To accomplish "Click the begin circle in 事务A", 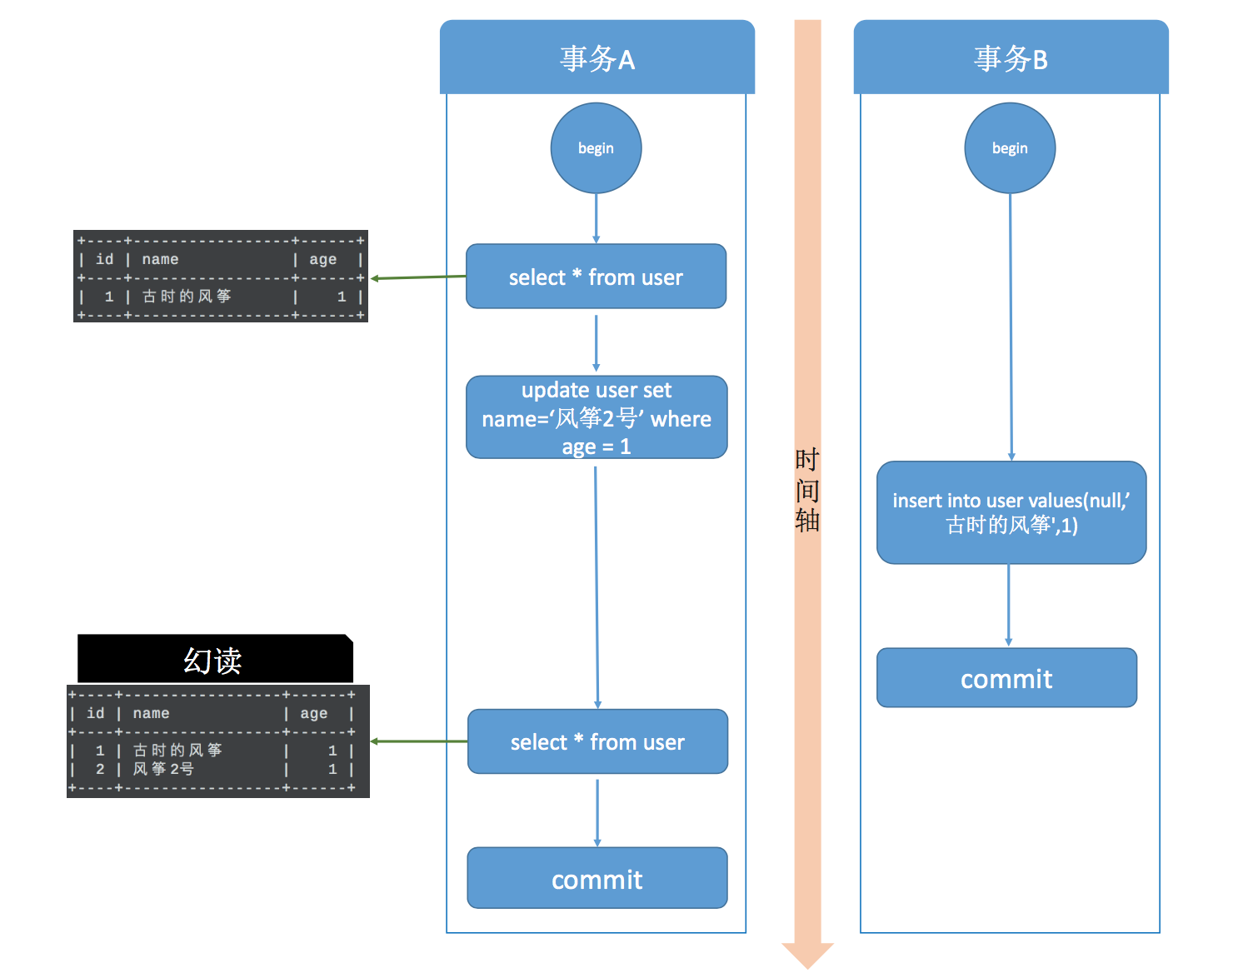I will (x=596, y=148).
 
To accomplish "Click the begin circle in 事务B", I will (x=1010, y=148).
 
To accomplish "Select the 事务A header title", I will (x=597, y=59).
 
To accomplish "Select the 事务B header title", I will (x=1011, y=59).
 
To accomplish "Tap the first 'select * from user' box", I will (x=596, y=277).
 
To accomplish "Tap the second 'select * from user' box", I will (x=597, y=741).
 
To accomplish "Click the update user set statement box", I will (x=597, y=417).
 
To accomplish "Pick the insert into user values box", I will (x=1011, y=512).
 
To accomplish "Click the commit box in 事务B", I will (x=1006, y=678).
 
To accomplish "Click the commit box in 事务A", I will (x=597, y=879).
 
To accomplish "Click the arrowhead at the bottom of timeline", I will (x=807, y=955).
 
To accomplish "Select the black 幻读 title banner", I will (x=214, y=660).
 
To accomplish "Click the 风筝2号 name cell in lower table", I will (x=163, y=769).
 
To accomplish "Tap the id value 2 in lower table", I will (x=100, y=769).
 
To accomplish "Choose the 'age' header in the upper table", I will (x=322, y=259).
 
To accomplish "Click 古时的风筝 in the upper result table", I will (x=187, y=297).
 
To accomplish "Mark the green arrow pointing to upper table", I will (x=417, y=277).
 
